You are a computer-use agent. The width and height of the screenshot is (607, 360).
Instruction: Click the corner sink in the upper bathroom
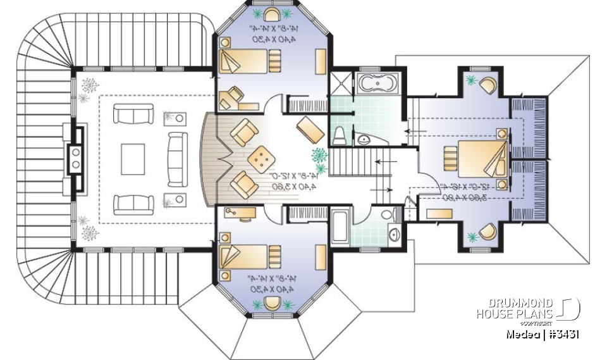[364, 138]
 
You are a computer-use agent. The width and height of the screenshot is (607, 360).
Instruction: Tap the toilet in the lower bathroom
[395, 214]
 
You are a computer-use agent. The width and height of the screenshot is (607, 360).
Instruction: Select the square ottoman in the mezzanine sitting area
[262, 158]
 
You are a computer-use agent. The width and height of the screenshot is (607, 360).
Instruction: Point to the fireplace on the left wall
[77, 158]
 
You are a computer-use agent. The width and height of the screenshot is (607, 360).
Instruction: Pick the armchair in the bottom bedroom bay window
[273, 302]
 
